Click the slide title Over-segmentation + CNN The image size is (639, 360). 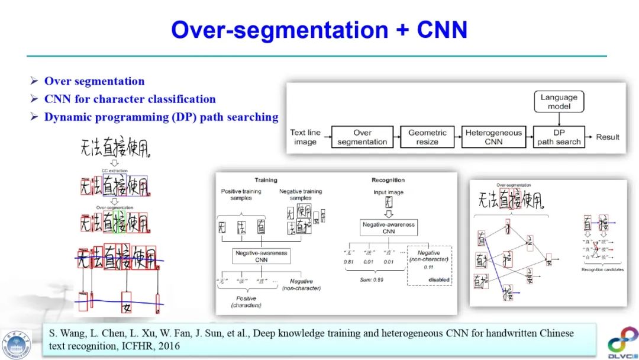[319, 30]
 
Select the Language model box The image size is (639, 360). [559, 101]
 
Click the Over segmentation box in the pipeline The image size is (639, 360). [362, 137]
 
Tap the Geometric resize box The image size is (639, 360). [427, 137]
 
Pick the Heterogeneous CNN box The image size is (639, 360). [493, 137]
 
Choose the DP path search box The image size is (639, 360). [559, 137]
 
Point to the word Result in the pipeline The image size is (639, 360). [608, 137]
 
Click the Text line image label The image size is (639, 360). [305, 137]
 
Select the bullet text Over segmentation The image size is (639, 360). [94, 82]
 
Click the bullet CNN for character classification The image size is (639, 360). [130, 99]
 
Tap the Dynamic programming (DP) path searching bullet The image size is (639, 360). [161, 117]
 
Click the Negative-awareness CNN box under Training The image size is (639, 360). [262, 256]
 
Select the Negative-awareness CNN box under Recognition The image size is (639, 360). [388, 228]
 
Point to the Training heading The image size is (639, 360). [266, 180]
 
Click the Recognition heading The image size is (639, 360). [388, 180]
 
